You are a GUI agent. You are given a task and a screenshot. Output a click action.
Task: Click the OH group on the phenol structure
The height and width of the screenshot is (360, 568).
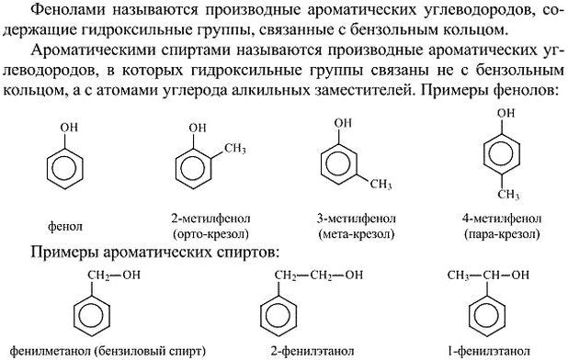point(69,128)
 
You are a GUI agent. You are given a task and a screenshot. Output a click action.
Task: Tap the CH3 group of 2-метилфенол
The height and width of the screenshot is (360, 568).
point(234,149)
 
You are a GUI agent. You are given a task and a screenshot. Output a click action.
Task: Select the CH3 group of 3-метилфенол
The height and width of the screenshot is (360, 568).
point(381,185)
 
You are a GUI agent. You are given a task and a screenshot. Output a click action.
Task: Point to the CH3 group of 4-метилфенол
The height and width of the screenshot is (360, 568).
point(508,195)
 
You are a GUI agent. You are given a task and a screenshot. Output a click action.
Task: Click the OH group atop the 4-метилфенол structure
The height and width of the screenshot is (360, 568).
point(506,113)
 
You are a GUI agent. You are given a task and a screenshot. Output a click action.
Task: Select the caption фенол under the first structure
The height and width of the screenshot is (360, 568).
point(65,227)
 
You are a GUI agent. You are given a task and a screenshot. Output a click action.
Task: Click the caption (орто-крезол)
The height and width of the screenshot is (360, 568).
point(210,234)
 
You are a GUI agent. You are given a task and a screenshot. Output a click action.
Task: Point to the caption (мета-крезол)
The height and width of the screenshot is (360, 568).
point(357,234)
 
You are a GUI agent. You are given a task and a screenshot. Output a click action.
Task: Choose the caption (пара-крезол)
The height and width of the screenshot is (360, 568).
point(502,234)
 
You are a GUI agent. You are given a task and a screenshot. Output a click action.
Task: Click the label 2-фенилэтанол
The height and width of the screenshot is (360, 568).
point(312,351)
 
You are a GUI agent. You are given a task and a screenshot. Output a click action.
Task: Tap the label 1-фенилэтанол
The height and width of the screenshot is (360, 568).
point(489,351)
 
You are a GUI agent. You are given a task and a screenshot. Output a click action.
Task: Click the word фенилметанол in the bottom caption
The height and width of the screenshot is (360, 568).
point(51,351)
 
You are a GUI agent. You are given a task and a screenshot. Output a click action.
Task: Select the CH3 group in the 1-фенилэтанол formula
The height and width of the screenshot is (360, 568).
point(458,276)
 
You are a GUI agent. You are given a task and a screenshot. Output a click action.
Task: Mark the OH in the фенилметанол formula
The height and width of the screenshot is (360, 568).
point(131,275)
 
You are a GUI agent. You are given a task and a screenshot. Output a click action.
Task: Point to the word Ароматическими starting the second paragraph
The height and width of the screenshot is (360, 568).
point(94,50)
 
